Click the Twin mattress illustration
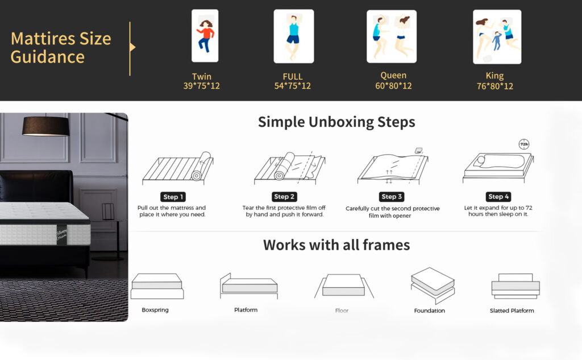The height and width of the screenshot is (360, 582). click(205, 36)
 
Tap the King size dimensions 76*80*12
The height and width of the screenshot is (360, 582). click(495, 86)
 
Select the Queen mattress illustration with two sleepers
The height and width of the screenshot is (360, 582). click(392, 36)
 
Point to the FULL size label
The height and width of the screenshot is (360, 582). click(293, 77)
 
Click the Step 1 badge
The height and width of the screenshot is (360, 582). click(173, 197)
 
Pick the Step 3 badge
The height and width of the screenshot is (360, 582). click(392, 197)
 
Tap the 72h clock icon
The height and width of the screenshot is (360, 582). click(523, 144)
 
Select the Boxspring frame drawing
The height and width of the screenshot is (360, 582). click(157, 286)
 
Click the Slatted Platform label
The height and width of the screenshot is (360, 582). click(512, 311)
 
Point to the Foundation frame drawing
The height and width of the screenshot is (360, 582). click(433, 285)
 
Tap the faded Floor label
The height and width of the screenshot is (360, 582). click(342, 311)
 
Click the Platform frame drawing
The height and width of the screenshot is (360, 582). click(249, 285)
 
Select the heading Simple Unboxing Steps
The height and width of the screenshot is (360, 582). click(336, 122)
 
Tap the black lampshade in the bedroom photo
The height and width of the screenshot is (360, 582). click(46, 126)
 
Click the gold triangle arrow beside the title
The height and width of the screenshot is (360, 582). click(132, 47)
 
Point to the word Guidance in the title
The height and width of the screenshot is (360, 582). click(48, 57)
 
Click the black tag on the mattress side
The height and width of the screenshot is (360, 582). click(62, 235)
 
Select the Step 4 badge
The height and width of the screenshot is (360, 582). click(498, 197)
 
